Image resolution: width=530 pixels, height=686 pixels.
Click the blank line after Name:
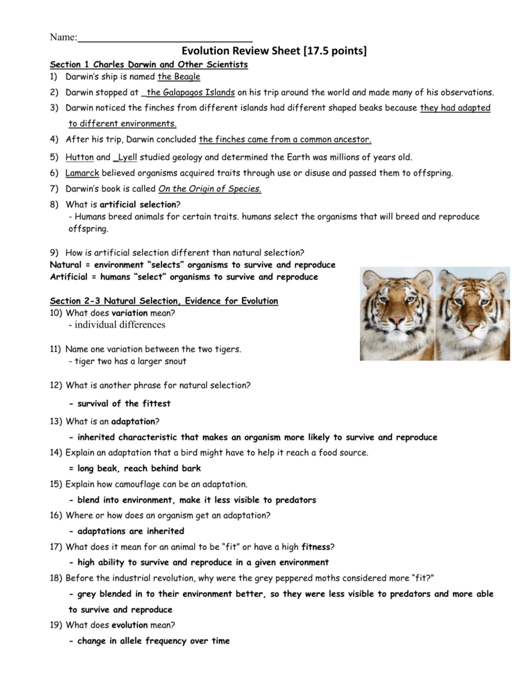coord(165,38)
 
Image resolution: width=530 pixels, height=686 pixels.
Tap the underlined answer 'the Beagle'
coord(179,77)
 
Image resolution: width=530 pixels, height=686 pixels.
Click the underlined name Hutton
coord(80,157)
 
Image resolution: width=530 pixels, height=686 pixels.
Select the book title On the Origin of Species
coord(209,189)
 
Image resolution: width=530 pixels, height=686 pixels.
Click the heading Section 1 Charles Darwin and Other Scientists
coord(149,64)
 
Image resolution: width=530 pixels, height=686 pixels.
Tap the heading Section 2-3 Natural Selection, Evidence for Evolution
coord(164,301)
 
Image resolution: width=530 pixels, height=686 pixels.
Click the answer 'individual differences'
coord(117,325)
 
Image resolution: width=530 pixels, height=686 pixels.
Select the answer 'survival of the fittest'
coord(120,403)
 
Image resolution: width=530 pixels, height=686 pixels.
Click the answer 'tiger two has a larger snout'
coord(127,361)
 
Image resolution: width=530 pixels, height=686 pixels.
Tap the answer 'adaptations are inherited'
coord(127,531)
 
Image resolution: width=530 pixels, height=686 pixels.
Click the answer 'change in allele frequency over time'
coord(149,640)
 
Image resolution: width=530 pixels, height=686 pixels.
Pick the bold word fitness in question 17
coord(316,547)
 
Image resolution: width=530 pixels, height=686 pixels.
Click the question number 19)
coord(56,625)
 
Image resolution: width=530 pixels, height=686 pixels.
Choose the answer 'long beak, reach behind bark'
coord(135,468)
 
